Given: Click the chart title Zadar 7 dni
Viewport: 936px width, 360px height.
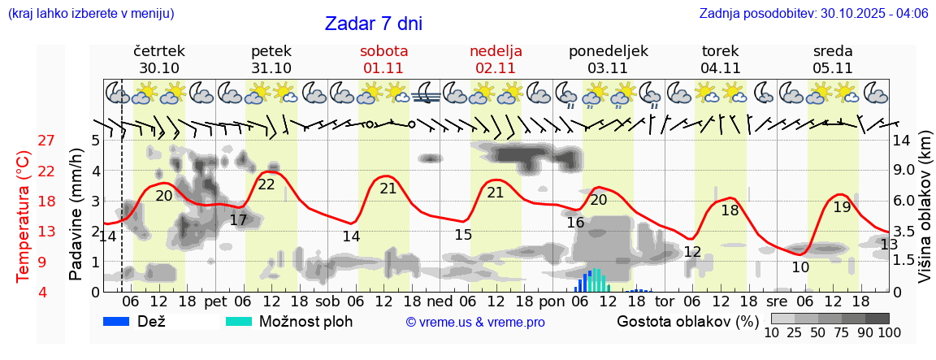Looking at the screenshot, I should point(373,24).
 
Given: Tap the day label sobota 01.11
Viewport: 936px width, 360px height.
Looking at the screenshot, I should point(383,59).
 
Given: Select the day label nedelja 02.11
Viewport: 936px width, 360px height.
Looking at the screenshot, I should point(496,59).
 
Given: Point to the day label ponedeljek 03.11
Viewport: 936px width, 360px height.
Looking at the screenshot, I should point(609,59).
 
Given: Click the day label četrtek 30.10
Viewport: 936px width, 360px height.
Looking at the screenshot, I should point(159,59).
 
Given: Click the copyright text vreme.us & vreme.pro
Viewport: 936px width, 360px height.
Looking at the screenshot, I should point(475,322).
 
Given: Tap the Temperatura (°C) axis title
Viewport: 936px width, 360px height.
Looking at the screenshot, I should point(24,216).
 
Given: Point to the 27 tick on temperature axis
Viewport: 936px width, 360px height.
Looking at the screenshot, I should point(45,141).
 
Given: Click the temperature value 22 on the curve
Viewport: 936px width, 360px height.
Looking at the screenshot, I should point(266,184).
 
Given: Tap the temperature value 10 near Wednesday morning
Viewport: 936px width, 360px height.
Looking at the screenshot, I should point(800,267).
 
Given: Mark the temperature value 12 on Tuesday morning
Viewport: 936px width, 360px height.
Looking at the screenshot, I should point(692,252).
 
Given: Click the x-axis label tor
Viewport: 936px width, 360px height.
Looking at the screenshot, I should point(665,301).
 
